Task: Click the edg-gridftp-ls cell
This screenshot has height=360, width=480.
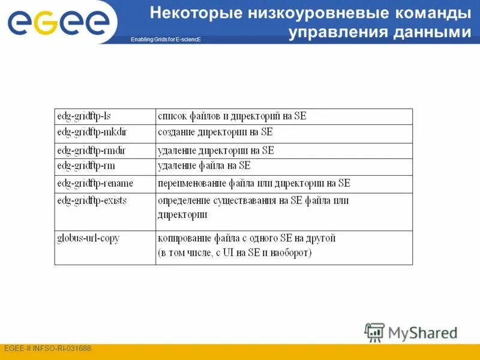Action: pyautogui.click(x=85, y=116)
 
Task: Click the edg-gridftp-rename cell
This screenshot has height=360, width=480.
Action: pyautogui.click(x=95, y=183)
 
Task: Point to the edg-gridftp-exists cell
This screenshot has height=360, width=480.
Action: pyautogui.click(x=92, y=200)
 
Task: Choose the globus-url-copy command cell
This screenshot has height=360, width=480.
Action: pyautogui.click(x=88, y=238)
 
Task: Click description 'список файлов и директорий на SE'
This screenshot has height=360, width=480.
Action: pyautogui.click(x=232, y=116)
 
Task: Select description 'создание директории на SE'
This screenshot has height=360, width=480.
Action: pyautogui.click(x=215, y=132)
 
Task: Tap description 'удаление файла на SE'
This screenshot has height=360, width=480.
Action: pyautogui.click(x=204, y=166)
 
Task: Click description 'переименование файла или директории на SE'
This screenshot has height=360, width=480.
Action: pyautogui.click(x=253, y=183)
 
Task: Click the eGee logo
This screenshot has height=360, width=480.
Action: pyautogui.click(x=58, y=22)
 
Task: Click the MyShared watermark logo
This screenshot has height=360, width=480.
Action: pyautogui.click(x=411, y=332)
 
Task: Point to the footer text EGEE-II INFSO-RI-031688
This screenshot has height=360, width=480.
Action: pyautogui.click(x=47, y=349)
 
